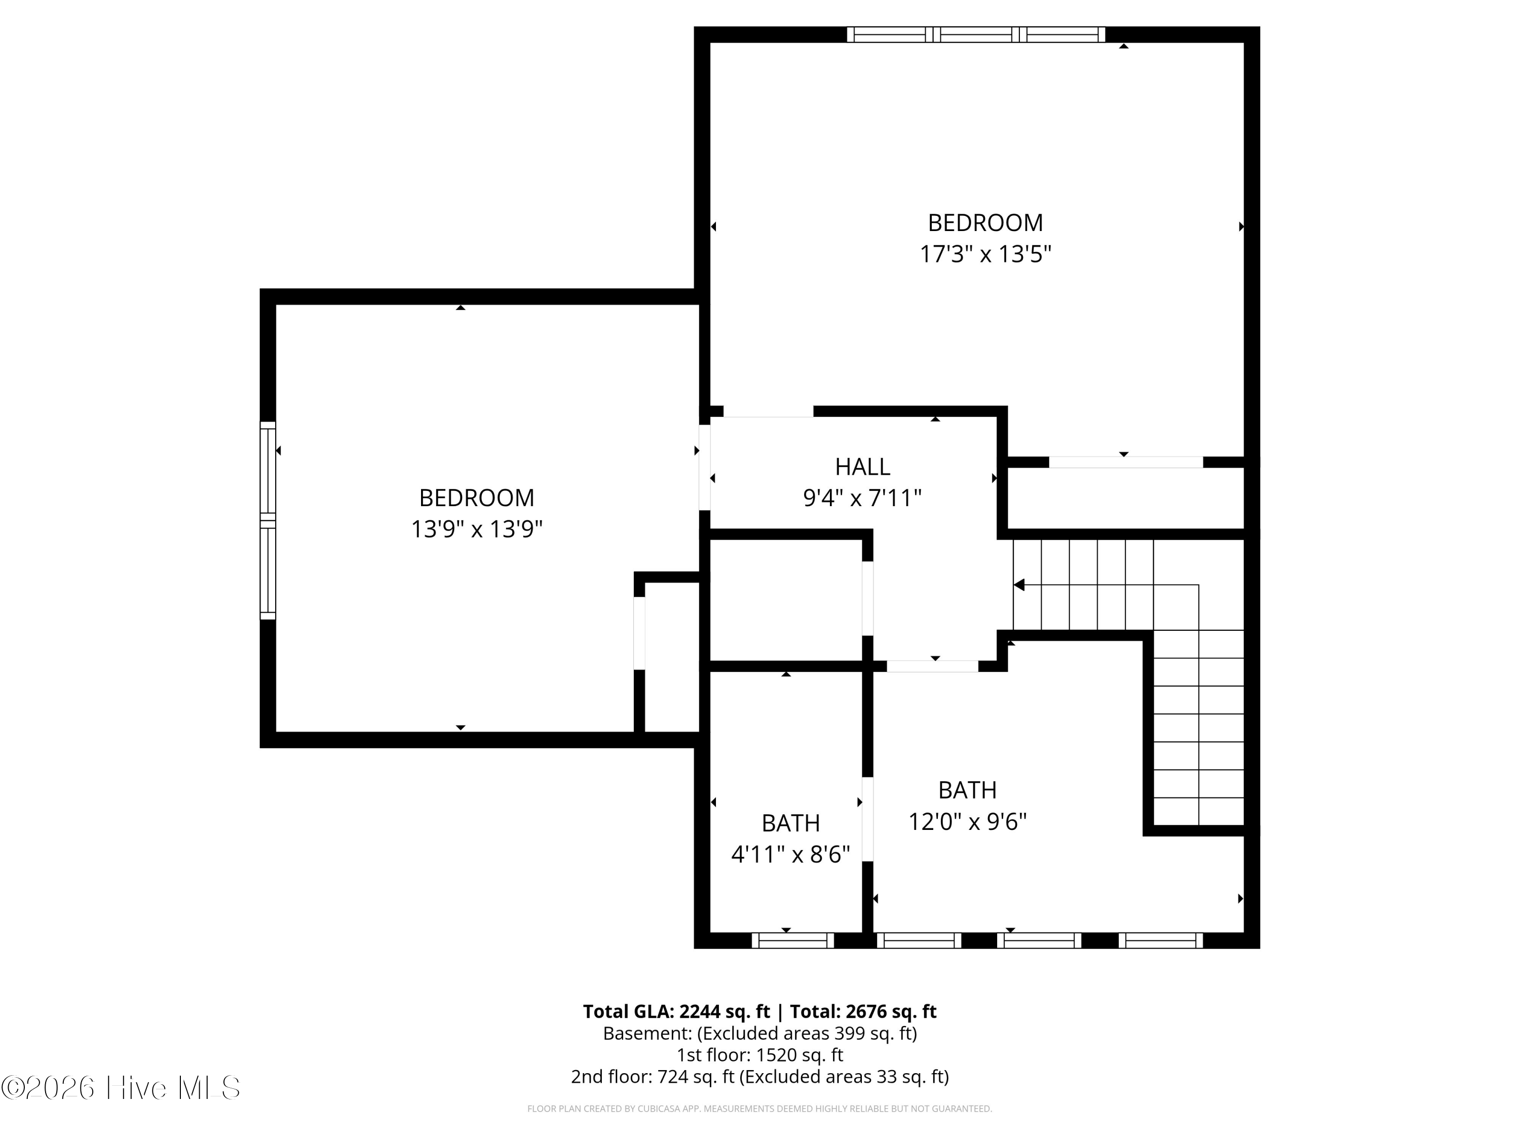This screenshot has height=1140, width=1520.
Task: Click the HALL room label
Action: click(x=862, y=467)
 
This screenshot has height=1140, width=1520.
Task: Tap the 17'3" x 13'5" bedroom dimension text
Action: click(x=985, y=254)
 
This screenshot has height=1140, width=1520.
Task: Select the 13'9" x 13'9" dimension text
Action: click(x=477, y=529)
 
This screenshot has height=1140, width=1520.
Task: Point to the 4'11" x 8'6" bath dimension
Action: click(x=791, y=854)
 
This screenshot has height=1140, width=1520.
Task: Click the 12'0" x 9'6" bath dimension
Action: click(x=968, y=821)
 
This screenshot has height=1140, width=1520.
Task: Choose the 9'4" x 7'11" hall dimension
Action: click(x=862, y=498)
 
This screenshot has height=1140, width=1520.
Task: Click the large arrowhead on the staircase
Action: click(x=1019, y=585)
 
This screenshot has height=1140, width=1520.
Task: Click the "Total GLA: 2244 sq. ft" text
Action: click(x=676, y=1011)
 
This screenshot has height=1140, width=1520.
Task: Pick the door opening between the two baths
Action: click(x=868, y=819)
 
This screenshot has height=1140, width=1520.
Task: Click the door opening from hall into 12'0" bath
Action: click(x=932, y=666)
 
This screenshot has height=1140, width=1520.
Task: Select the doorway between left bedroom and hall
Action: click(x=704, y=467)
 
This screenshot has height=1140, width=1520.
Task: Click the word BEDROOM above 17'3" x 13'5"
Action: click(x=985, y=222)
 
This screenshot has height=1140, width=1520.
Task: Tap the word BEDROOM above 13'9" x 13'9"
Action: click(x=477, y=498)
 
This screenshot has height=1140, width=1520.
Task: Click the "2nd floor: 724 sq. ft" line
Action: click(x=760, y=1077)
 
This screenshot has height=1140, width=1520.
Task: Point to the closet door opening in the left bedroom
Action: click(x=639, y=633)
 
